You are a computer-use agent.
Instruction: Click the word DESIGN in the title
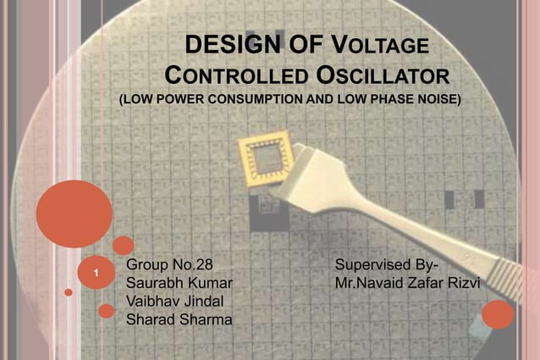point(223,44)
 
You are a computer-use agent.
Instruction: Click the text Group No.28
point(169,264)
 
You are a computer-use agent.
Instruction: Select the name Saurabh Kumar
point(178,282)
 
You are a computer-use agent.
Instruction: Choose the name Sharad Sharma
point(179,319)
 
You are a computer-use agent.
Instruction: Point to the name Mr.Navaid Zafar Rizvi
point(407,282)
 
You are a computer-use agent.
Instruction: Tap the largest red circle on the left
point(74,213)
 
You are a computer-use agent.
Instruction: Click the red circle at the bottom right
point(498,315)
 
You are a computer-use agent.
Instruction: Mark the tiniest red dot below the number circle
point(69,292)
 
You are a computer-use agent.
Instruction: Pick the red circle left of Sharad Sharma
point(106,311)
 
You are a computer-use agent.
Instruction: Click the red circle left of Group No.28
point(124,246)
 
